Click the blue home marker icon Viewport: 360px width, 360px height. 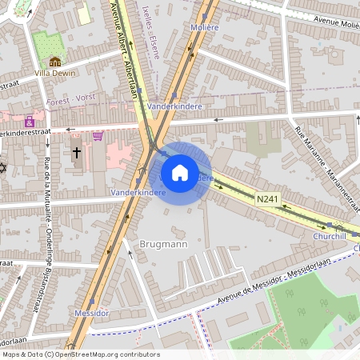click(180, 172)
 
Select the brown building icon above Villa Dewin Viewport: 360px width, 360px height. click(54, 61)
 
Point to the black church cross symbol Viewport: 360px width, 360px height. click(77, 152)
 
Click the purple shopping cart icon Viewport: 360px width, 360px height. click(98, 135)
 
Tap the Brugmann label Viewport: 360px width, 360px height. click(164, 243)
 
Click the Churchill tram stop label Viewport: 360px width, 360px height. click(329, 236)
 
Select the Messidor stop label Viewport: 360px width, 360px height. click(90, 312)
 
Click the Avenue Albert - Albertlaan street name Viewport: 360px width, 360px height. click(129, 48)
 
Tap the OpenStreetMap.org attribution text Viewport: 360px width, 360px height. click(104, 354)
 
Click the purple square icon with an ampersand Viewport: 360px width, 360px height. click(30, 122)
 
